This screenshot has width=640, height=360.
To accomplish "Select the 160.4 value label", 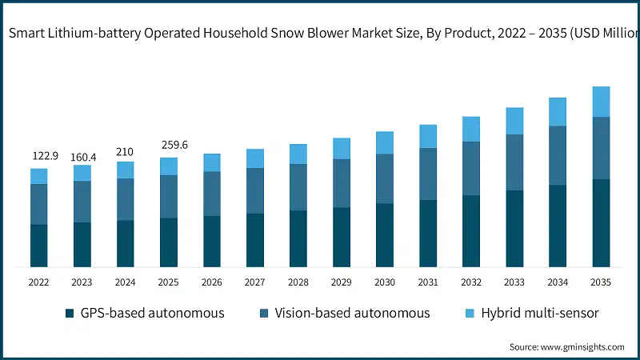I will tap(82, 157).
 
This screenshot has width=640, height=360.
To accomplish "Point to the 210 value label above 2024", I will tap(125, 151).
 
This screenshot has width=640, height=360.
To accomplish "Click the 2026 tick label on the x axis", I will tap(212, 282).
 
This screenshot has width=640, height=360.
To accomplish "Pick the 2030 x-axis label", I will tap(385, 282).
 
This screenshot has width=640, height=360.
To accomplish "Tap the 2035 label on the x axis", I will tap(601, 282).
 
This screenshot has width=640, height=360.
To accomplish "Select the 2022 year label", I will tap(39, 282).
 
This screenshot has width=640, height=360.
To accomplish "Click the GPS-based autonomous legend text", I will tap(152, 313).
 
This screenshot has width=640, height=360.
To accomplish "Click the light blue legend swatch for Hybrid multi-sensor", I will tap(468, 313).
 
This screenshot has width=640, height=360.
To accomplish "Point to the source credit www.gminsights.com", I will tap(566, 346).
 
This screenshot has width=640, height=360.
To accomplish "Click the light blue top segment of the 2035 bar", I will tap(601, 102).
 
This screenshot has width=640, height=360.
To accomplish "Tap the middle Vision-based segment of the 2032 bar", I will tap(471, 168).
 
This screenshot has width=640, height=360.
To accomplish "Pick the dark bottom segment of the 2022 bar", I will tap(39, 246).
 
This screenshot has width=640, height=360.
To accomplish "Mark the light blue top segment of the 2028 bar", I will tap(298, 154).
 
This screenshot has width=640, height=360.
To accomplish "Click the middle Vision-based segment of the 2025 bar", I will tap(169, 196).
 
